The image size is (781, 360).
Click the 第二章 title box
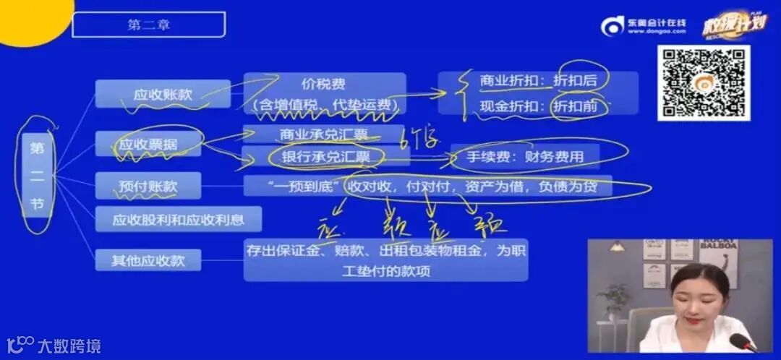(148, 25)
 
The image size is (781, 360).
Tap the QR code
(703, 82)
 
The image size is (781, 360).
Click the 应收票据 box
(148, 145)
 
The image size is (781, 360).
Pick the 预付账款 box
(148, 187)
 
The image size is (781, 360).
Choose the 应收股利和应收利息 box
(178, 218)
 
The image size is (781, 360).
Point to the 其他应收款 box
(148, 260)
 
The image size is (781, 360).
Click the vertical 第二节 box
(37, 176)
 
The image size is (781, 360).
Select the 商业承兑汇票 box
(323, 134)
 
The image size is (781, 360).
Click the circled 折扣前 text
(575, 106)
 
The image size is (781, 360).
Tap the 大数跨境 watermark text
(69, 346)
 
